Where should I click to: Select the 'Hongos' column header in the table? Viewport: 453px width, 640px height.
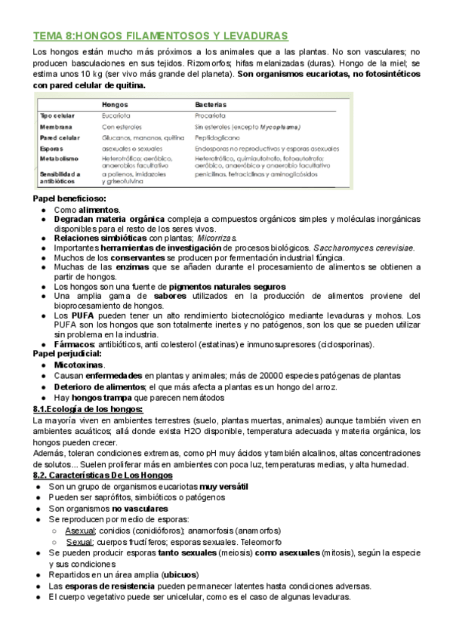[115, 103]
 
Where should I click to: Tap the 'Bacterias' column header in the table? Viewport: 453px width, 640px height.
[211, 103]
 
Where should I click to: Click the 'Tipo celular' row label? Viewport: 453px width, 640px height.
[55, 115]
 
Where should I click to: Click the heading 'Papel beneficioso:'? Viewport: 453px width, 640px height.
[69, 198]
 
